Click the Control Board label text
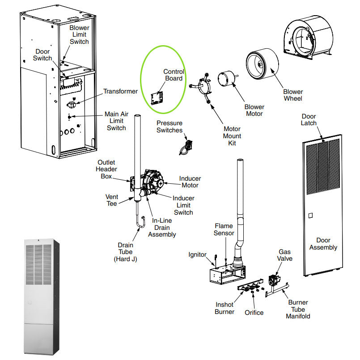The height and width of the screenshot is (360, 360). (174, 75)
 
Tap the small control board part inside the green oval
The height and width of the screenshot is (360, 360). (157, 98)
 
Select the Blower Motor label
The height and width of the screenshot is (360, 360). (254, 110)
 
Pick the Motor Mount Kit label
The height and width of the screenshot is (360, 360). (232, 136)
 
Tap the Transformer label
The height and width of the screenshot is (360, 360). (120, 91)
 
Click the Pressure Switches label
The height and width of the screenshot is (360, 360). (169, 127)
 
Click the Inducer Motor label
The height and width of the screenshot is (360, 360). (190, 182)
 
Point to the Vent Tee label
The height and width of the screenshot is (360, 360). (111, 200)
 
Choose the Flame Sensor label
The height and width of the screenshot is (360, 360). (224, 229)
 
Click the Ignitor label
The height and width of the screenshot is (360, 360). (197, 255)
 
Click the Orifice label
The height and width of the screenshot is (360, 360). (254, 313)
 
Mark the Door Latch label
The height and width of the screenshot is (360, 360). (309, 120)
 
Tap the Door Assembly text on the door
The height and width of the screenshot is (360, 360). (323, 244)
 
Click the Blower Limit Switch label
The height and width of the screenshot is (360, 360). (79, 34)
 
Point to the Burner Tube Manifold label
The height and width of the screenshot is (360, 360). (298, 309)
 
